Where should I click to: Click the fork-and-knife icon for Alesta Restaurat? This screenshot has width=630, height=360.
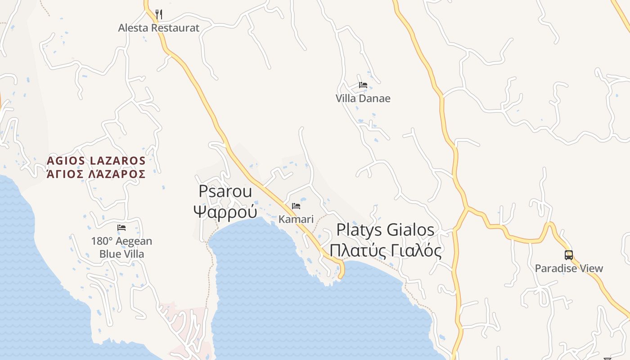pyautogui.click(x=158, y=14)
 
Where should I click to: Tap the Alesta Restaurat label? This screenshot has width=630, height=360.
pyautogui.click(x=158, y=28)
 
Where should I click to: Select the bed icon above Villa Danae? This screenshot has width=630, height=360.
pyautogui.click(x=363, y=85)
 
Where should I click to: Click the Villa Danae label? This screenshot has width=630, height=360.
pyautogui.click(x=363, y=98)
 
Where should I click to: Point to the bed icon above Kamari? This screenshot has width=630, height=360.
pyautogui.click(x=296, y=206)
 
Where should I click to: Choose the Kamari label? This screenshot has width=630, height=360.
pyautogui.click(x=296, y=219)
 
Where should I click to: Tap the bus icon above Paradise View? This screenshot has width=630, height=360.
pyautogui.click(x=569, y=255)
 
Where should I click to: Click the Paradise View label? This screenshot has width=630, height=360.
pyautogui.click(x=569, y=269)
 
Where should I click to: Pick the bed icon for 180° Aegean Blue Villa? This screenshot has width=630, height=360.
pyautogui.click(x=121, y=228)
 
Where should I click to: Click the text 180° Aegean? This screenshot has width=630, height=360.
pyautogui.click(x=121, y=241)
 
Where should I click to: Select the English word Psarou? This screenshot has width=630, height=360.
pyautogui.click(x=225, y=191)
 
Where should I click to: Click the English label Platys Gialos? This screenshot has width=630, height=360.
pyautogui.click(x=385, y=230)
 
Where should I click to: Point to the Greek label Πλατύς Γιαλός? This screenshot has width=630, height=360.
pyautogui.click(x=385, y=250)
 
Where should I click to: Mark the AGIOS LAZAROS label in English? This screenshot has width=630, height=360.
pyautogui.click(x=96, y=161)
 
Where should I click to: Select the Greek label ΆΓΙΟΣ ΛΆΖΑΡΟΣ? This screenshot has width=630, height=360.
pyautogui.click(x=96, y=174)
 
